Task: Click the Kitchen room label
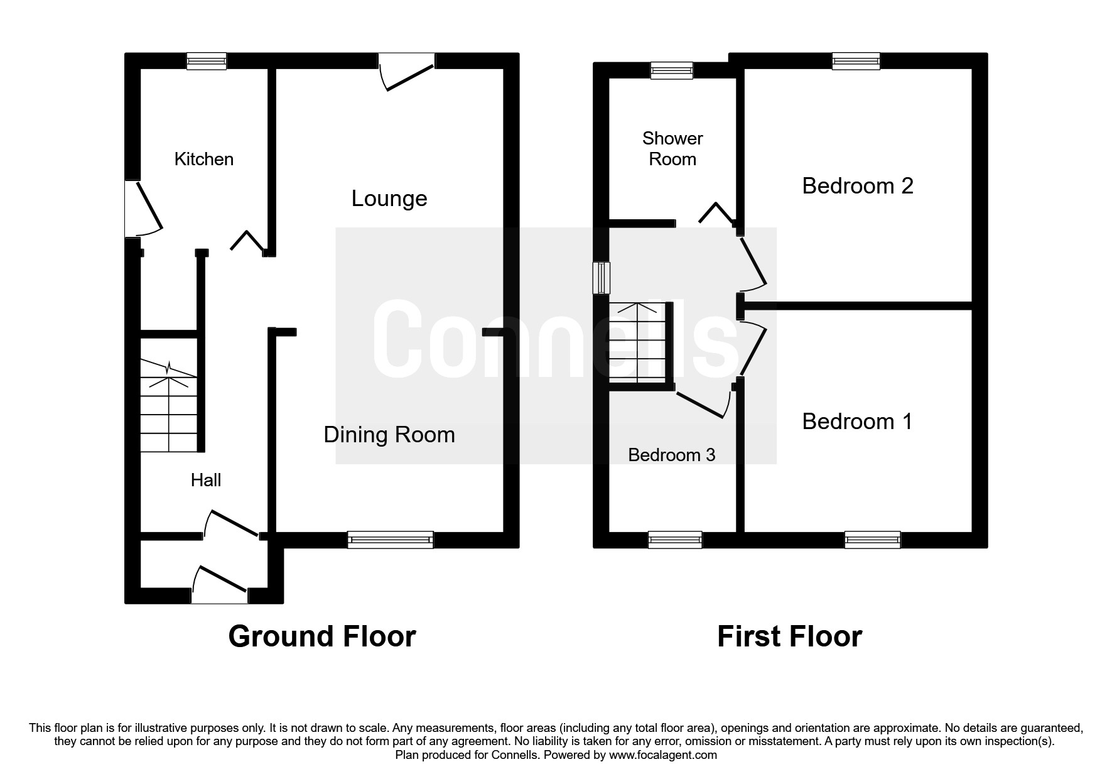204,159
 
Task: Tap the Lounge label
389,199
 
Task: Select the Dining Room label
389,435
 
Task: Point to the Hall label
206,480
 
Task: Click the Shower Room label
672,149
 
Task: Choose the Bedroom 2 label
858,186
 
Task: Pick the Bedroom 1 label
858,422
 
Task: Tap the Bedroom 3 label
672,455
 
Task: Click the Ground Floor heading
322,636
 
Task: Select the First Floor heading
789,636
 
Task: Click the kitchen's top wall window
207,61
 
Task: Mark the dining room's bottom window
391,540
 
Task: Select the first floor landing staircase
638,342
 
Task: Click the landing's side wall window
602,278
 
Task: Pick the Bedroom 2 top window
856,61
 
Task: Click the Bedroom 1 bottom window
872,540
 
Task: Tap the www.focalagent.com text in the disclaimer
663,755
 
